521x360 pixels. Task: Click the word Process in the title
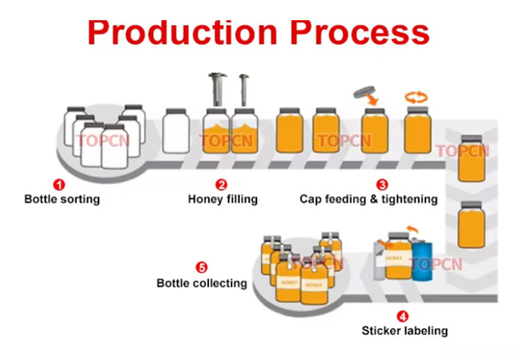pos(359,33)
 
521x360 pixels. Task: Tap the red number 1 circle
pos(60,185)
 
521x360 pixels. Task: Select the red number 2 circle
pos(222,185)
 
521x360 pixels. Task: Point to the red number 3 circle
pos(382,185)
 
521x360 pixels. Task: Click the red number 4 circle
pos(403,316)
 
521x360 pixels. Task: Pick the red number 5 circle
pos(201,268)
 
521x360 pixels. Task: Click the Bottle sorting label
pos(62,199)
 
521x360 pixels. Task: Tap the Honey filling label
pos(222,199)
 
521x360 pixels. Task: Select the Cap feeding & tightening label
pos(368,199)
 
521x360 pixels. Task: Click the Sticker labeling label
pos(404,331)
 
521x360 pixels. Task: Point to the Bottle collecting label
pos(201,283)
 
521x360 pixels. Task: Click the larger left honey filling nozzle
pos(216,90)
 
